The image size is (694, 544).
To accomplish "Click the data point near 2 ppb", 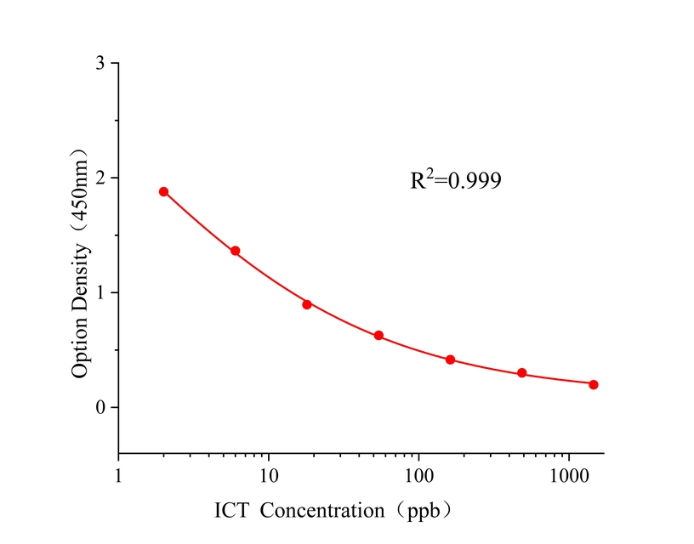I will coord(163,191).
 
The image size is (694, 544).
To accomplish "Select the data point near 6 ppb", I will coord(236,251).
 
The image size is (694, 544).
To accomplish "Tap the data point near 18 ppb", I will coord(307,304).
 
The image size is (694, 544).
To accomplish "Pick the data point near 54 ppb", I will coord(378,336).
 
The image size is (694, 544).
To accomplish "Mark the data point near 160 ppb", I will coord(450,360).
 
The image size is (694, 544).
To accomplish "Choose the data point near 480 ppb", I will coord(521,373).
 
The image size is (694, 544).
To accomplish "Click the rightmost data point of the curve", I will coord(594,384).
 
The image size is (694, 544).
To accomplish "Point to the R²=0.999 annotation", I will coord(456,179).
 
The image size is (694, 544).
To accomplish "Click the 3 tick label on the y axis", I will coord(100,64).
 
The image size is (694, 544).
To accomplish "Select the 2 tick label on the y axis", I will coord(100,178).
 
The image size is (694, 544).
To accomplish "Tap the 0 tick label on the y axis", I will coord(100,408).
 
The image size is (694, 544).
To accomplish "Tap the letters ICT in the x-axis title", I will coord(231,511).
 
